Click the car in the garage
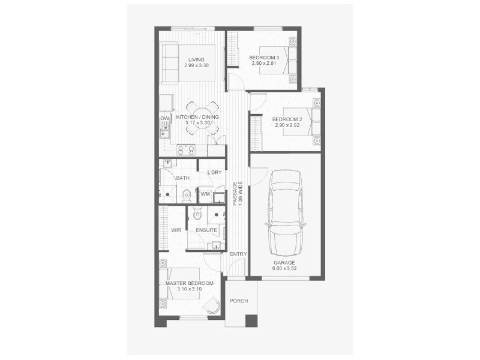click(286, 212)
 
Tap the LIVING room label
click(196, 59)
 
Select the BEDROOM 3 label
click(264, 58)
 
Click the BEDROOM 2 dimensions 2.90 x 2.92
click(287, 125)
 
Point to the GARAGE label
click(284, 263)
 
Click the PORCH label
click(239, 301)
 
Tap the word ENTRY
click(238, 254)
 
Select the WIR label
click(176, 230)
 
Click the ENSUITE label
click(206, 230)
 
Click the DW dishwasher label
click(164, 118)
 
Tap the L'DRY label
click(214, 172)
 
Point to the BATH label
click(183, 178)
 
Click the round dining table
click(202, 118)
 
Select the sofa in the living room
click(170, 64)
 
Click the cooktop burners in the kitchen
click(186, 151)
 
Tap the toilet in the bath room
click(187, 196)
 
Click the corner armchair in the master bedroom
click(212, 305)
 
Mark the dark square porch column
click(251, 320)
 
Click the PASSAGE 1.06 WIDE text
click(238, 193)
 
